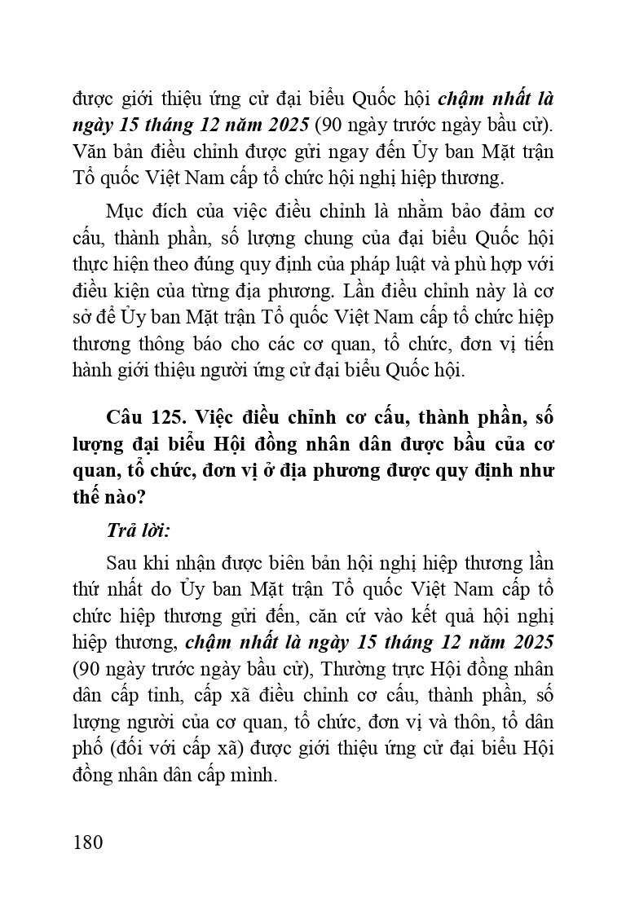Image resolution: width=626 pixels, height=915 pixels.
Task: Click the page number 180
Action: point(88,841)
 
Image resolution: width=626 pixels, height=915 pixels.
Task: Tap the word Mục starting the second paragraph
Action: point(125,211)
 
